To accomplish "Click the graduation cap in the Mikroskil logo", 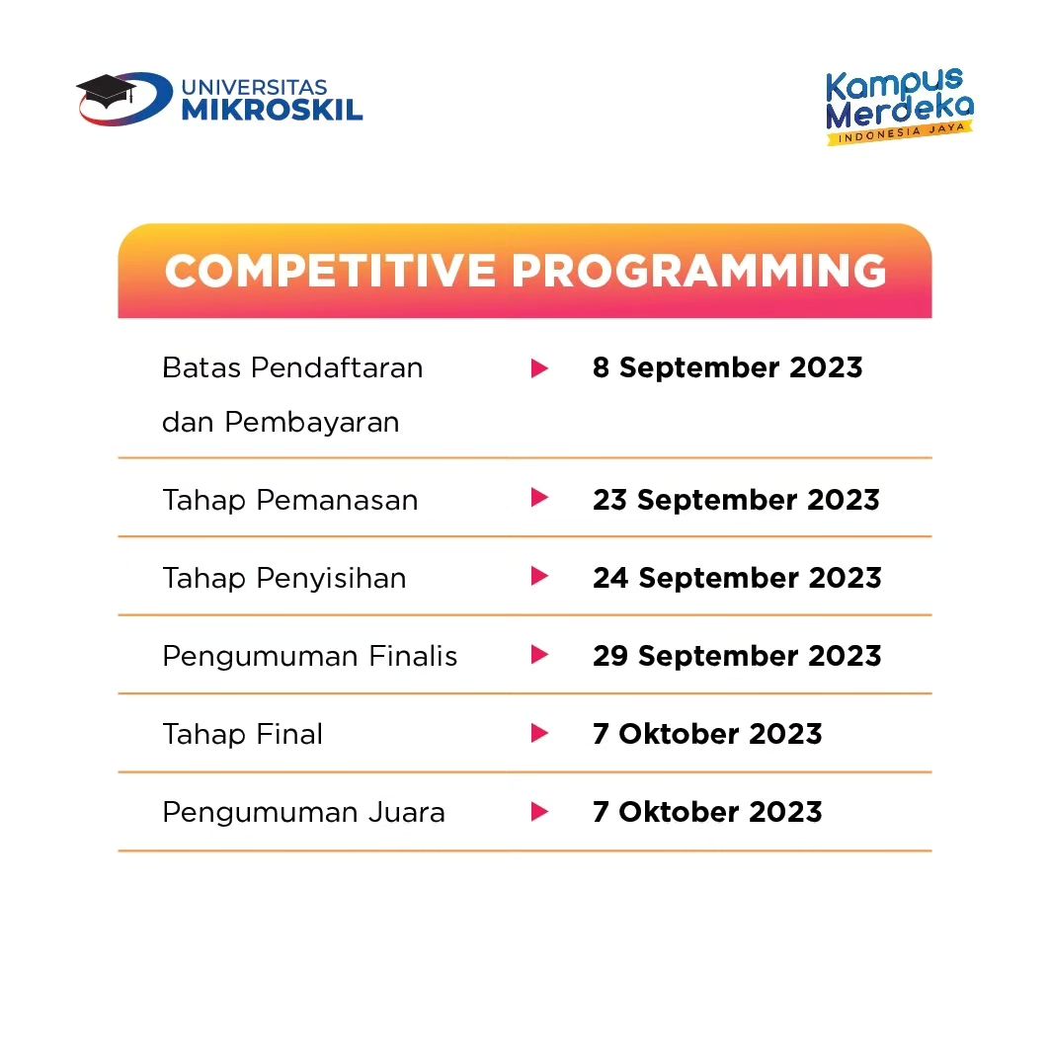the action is [106, 91].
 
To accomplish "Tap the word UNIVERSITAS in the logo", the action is [255, 88].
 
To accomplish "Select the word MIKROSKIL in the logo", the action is [272, 111].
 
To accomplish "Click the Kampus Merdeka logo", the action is [899, 106].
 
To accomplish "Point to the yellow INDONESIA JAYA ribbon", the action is [899, 132].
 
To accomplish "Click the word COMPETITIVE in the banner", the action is [330, 272].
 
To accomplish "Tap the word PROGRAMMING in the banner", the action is [699, 272].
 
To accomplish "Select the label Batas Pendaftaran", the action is [292, 367].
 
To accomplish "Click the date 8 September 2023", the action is [727, 367].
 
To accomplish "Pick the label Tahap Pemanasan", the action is [290, 500].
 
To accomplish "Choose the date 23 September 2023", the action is [736, 500].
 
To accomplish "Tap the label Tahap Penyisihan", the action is [284, 578].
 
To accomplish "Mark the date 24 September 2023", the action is [737, 578].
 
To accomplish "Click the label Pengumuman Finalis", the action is [310, 656].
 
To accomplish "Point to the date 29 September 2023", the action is [737, 656].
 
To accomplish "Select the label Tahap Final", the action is [242, 734].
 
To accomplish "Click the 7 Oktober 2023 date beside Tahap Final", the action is [707, 734].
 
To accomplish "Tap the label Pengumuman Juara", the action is [303, 812].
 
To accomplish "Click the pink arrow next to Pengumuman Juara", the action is [539, 812].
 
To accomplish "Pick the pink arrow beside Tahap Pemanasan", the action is [539, 498].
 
